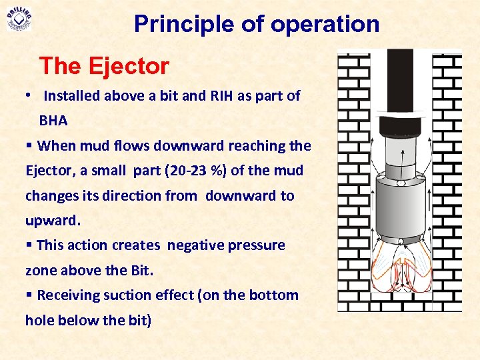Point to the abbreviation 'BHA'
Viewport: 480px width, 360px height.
pyautogui.click(x=53, y=121)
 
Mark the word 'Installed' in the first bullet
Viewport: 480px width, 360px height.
pyautogui.click(x=71, y=96)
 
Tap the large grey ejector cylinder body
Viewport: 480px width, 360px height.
pyautogui.click(x=399, y=207)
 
